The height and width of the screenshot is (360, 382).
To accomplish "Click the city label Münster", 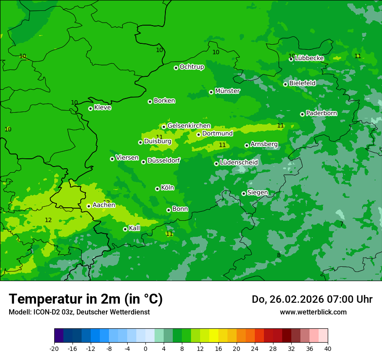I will click(x=227, y=91).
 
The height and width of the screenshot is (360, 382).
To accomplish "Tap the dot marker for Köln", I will click(x=157, y=189).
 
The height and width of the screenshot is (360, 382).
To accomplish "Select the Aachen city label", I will click(x=104, y=205).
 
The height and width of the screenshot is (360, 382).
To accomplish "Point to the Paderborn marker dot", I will click(x=302, y=114).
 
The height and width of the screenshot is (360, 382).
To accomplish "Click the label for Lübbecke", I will click(x=309, y=58).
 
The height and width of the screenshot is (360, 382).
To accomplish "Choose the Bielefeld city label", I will click(x=303, y=83).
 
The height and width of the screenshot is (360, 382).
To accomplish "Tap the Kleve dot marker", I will click(x=90, y=108).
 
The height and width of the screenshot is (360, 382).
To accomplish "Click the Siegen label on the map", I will click(x=257, y=193).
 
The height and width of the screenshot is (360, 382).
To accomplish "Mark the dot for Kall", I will click(x=125, y=229).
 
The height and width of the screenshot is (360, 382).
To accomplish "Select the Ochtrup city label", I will click(x=191, y=67).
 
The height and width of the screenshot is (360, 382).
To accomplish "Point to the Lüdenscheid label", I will click(x=239, y=163).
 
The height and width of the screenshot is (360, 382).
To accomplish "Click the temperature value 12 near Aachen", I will click(x=48, y=220).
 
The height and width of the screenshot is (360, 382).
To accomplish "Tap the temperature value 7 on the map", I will click(x=342, y=224).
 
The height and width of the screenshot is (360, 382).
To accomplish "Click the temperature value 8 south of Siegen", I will click(x=279, y=255).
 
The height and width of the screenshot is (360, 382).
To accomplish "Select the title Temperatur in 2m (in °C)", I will click(x=86, y=299).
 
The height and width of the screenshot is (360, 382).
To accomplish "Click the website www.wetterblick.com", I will click(x=313, y=312).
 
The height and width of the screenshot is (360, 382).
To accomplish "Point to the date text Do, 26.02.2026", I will click(x=287, y=299).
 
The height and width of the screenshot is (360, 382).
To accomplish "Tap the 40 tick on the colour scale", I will click(x=327, y=349).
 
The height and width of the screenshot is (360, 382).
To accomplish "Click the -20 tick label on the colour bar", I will click(x=54, y=349).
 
